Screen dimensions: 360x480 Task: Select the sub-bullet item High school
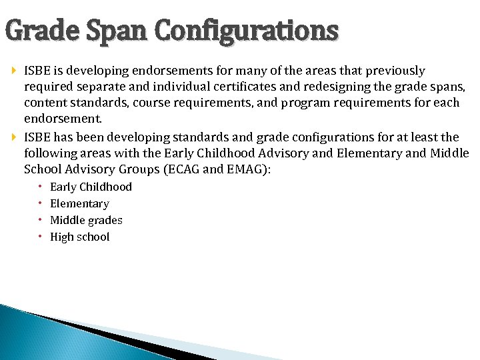pyautogui.click(x=79, y=237)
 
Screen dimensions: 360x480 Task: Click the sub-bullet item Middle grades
pyautogui.click(x=86, y=220)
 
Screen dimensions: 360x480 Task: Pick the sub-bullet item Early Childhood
pyautogui.click(x=91, y=187)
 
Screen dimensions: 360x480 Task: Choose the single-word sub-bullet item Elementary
pyautogui.click(x=79, y=203)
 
